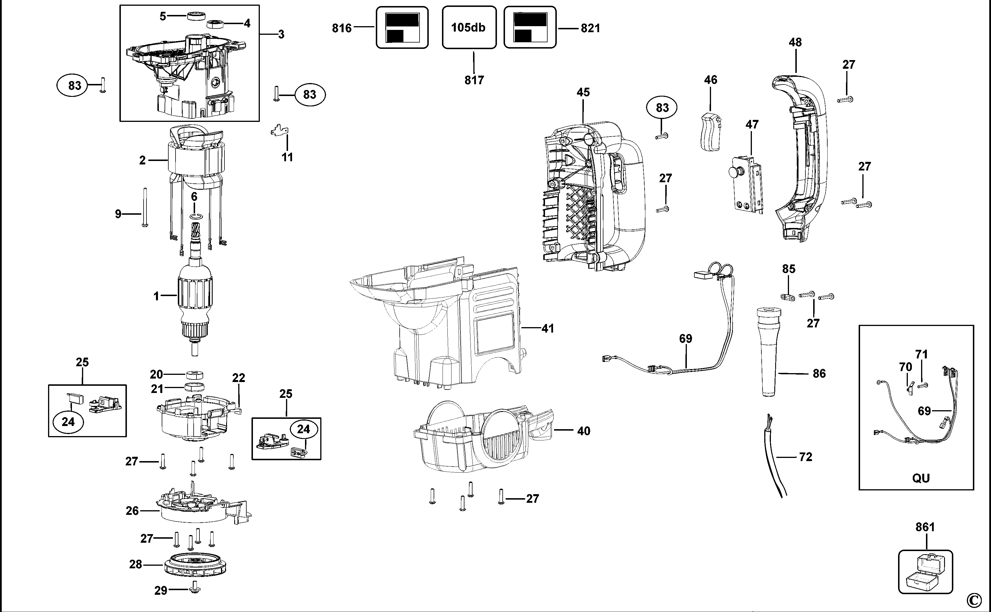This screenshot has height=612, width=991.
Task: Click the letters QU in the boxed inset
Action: point(921,478)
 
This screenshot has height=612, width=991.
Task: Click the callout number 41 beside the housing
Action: point(548,328)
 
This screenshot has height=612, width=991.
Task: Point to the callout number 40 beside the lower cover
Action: point(584,431)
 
